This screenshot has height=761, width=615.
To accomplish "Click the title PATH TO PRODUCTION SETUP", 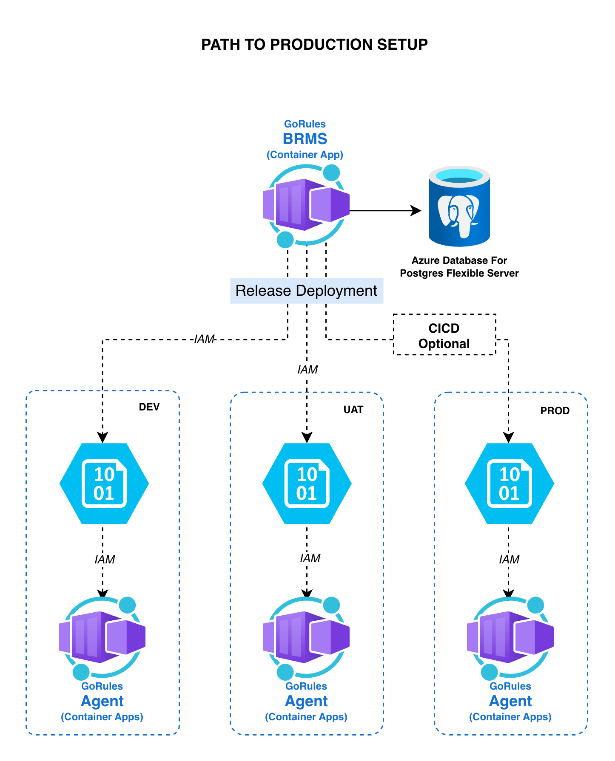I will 314,45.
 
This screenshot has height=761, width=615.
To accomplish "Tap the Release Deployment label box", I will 306,291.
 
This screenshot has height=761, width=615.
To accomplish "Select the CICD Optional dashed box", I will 444,335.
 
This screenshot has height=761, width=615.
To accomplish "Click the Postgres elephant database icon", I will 459,207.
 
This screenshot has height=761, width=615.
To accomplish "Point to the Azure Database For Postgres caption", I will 459,267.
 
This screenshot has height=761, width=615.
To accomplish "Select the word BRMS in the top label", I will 305,139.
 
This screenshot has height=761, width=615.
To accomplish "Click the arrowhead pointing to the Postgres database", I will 416,210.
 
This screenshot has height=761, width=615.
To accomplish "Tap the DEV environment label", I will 149,407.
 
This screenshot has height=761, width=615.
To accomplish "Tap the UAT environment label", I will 353,410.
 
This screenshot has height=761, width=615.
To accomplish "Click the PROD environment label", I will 555,411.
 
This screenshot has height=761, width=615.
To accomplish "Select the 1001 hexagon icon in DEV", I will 104,484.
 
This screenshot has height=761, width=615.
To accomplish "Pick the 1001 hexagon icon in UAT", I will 307,484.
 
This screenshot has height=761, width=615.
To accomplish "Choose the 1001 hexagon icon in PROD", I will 509,484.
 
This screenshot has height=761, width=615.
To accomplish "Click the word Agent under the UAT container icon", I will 306,701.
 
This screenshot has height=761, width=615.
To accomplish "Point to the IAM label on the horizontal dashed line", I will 204,339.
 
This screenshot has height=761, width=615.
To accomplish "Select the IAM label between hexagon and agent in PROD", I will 509,560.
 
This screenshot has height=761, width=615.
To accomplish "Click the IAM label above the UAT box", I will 307,370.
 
